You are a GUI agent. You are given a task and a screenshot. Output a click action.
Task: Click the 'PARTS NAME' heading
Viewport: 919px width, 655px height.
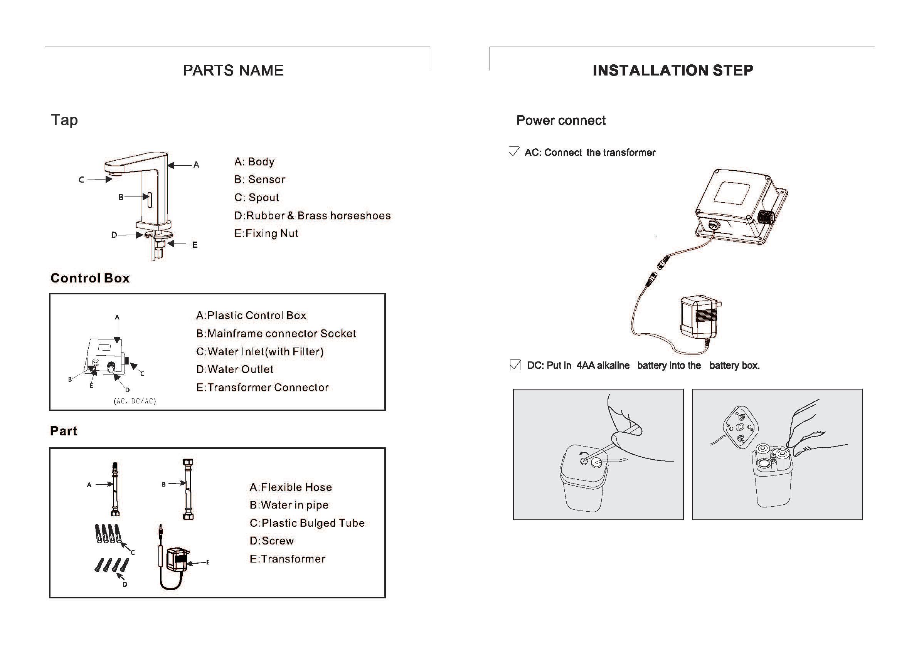pos(233,71)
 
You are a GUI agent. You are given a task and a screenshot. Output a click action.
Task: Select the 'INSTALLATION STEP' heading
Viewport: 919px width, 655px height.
pos(672,71)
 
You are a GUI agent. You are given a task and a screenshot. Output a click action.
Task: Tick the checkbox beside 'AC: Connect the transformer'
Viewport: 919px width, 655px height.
pos(513,152)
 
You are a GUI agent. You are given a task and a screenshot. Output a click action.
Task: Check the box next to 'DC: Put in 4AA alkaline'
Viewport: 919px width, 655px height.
pos(515,364)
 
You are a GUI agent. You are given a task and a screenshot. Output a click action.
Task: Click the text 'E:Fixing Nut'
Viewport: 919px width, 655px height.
pos(266,233)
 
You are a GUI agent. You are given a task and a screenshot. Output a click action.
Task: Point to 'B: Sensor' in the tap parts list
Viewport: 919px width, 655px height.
pos(259,180)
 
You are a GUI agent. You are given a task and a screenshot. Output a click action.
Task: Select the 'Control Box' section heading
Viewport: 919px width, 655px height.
pos(90,278)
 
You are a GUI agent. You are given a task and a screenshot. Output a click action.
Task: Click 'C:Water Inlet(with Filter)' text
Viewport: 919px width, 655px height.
pos(259,352)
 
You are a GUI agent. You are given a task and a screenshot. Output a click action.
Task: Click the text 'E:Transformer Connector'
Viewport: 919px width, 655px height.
pos(262,388)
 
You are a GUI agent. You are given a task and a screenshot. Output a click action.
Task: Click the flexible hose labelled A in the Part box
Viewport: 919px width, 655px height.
pos(115,489)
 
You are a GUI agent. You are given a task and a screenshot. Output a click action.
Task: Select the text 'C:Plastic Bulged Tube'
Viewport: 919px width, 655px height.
pos(306,523)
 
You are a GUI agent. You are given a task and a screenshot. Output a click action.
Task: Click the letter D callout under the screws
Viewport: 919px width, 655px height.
pos(125,584)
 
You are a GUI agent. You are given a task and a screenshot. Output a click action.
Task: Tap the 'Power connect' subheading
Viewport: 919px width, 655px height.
pos(560,120)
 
